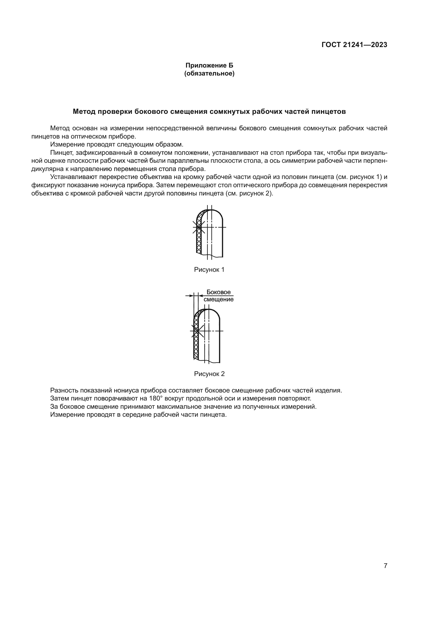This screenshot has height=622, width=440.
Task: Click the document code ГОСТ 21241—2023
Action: click(354, 45)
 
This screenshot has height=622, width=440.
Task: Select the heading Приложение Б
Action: click(209, 65)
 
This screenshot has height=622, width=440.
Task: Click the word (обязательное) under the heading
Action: click(209, 73)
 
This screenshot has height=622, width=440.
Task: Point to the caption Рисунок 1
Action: click(209, 270)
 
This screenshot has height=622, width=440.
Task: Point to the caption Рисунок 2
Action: click(209, 374)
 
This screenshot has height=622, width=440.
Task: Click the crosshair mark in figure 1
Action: click(199, 227)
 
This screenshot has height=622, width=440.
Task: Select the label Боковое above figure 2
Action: click(218, 292)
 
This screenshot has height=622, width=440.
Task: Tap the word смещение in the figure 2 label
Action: click(218, 299)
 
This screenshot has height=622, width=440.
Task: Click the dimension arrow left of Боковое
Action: click(189, 295)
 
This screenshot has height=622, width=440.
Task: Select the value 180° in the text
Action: click(156, 399)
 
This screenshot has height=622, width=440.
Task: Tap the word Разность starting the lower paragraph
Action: click(63, 390)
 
